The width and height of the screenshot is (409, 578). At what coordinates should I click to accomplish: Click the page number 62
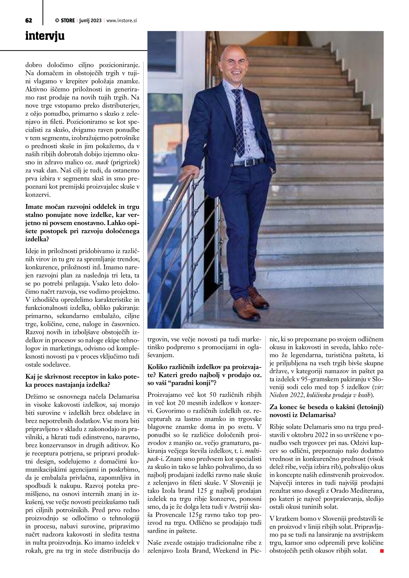(x=29, y=21)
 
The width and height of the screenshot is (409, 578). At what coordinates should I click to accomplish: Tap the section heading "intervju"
(x=45, y=36)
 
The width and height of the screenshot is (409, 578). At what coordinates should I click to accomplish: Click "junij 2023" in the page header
(x=90, y=21)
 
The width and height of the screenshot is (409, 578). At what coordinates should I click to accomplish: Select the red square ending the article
(x=382, y=551)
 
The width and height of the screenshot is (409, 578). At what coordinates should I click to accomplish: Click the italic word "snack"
(x=102, y=162)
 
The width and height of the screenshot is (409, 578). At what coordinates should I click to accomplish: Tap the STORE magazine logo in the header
(x=65, y=21)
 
